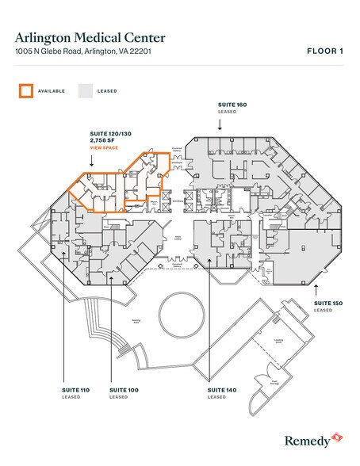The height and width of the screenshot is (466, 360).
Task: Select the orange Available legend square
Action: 25,90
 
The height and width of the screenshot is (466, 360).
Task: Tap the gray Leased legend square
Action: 84,90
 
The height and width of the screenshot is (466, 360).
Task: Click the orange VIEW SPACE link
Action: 105,148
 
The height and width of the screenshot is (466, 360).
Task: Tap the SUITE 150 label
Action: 327,303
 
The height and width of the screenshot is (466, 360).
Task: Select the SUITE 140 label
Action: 221,390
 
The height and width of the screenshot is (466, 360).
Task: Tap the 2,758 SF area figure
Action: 103,141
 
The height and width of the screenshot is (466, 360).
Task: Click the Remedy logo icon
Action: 335,437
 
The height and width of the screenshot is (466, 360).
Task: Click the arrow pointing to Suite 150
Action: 316,289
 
